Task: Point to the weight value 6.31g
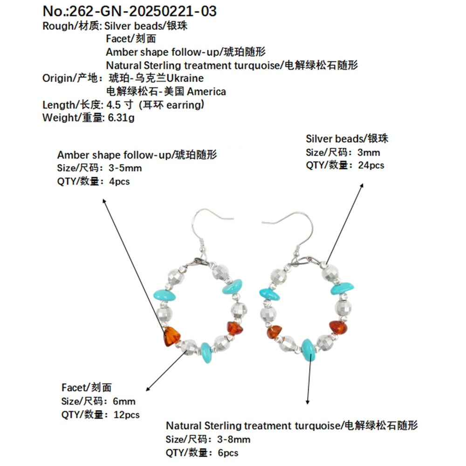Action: [x=121, y=118]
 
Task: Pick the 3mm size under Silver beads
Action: [x=369, y=152]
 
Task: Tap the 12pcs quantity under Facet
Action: [x=126, y=414]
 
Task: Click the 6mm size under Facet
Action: [x=124, y=401]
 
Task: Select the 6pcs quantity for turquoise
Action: [x=228, y=452]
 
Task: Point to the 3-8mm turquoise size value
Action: [x=234, y=439]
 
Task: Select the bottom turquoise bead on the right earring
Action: [x=308, y=349]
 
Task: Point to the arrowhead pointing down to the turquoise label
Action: [x=308, y=403]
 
